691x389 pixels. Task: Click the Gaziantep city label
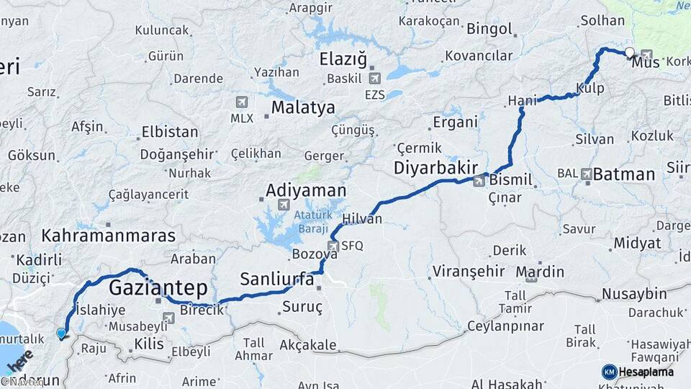pyautogui.click(x=158, y=288)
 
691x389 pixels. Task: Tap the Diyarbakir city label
pyautogui.click(x=435, y=168)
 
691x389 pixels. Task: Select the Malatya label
pyautogui.click(x=302, y=108)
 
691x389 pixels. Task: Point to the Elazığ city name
pyautogui.click(x=343, y=58)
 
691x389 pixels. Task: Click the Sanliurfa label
pyautogui.click(x=277, y=279)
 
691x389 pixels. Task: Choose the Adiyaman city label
pyautogui.click(x=306, y=191)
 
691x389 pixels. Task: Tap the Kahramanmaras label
pyautogui.click(x=108, y=236)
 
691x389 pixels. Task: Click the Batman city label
pyautogui.click(x=624, y=174)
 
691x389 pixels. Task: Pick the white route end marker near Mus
pyautogui.click(x=630, y=52)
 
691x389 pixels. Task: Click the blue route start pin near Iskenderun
pyautogui.click(x=61, y=334)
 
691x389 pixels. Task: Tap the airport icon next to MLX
pyautogui.click(x=240, y=102)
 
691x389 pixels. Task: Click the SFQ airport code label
pyautogui.click(x=352, y=246)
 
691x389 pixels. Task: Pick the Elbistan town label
pyautogui.click(x=170, y=132)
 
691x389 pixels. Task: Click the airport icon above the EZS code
pyautogui.click(x=374, y=79)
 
